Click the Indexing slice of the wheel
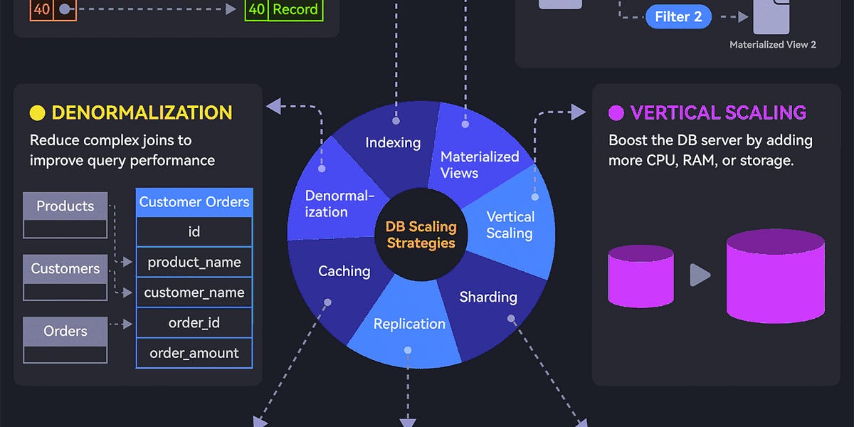[393, 142]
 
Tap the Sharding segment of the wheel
[488, 297]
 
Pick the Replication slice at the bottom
[409, 324]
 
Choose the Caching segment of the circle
[344, 271]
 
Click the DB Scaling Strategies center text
[420, 235]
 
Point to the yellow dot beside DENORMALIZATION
[37, 113]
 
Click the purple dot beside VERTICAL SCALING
[616, 113]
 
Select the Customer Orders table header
[194, 202]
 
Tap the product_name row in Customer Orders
[194, 262]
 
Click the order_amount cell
[194, 353]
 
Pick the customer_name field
[194, 292]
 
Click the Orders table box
[65, 339]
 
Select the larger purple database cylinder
[775, 275]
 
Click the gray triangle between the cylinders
[700, 275]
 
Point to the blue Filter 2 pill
[678, 17]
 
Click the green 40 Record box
[284, 9]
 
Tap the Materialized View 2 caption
[772, 45]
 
